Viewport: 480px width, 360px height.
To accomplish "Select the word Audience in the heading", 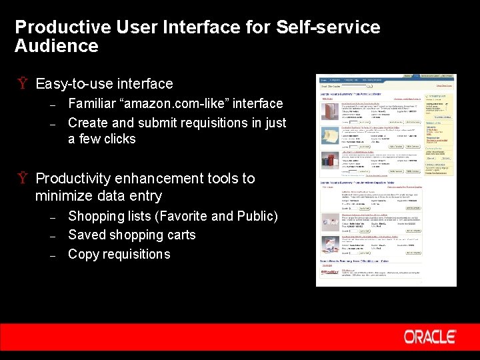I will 56,46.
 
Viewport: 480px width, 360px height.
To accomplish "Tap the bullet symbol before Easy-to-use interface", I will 22,84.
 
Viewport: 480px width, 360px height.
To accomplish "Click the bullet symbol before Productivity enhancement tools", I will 22,179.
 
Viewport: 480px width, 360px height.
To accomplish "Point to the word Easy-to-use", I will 74,84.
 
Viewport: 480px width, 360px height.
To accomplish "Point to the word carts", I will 180,235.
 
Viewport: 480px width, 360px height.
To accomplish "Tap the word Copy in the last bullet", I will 83,255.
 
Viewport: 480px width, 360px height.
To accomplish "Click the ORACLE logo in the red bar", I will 429,337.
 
